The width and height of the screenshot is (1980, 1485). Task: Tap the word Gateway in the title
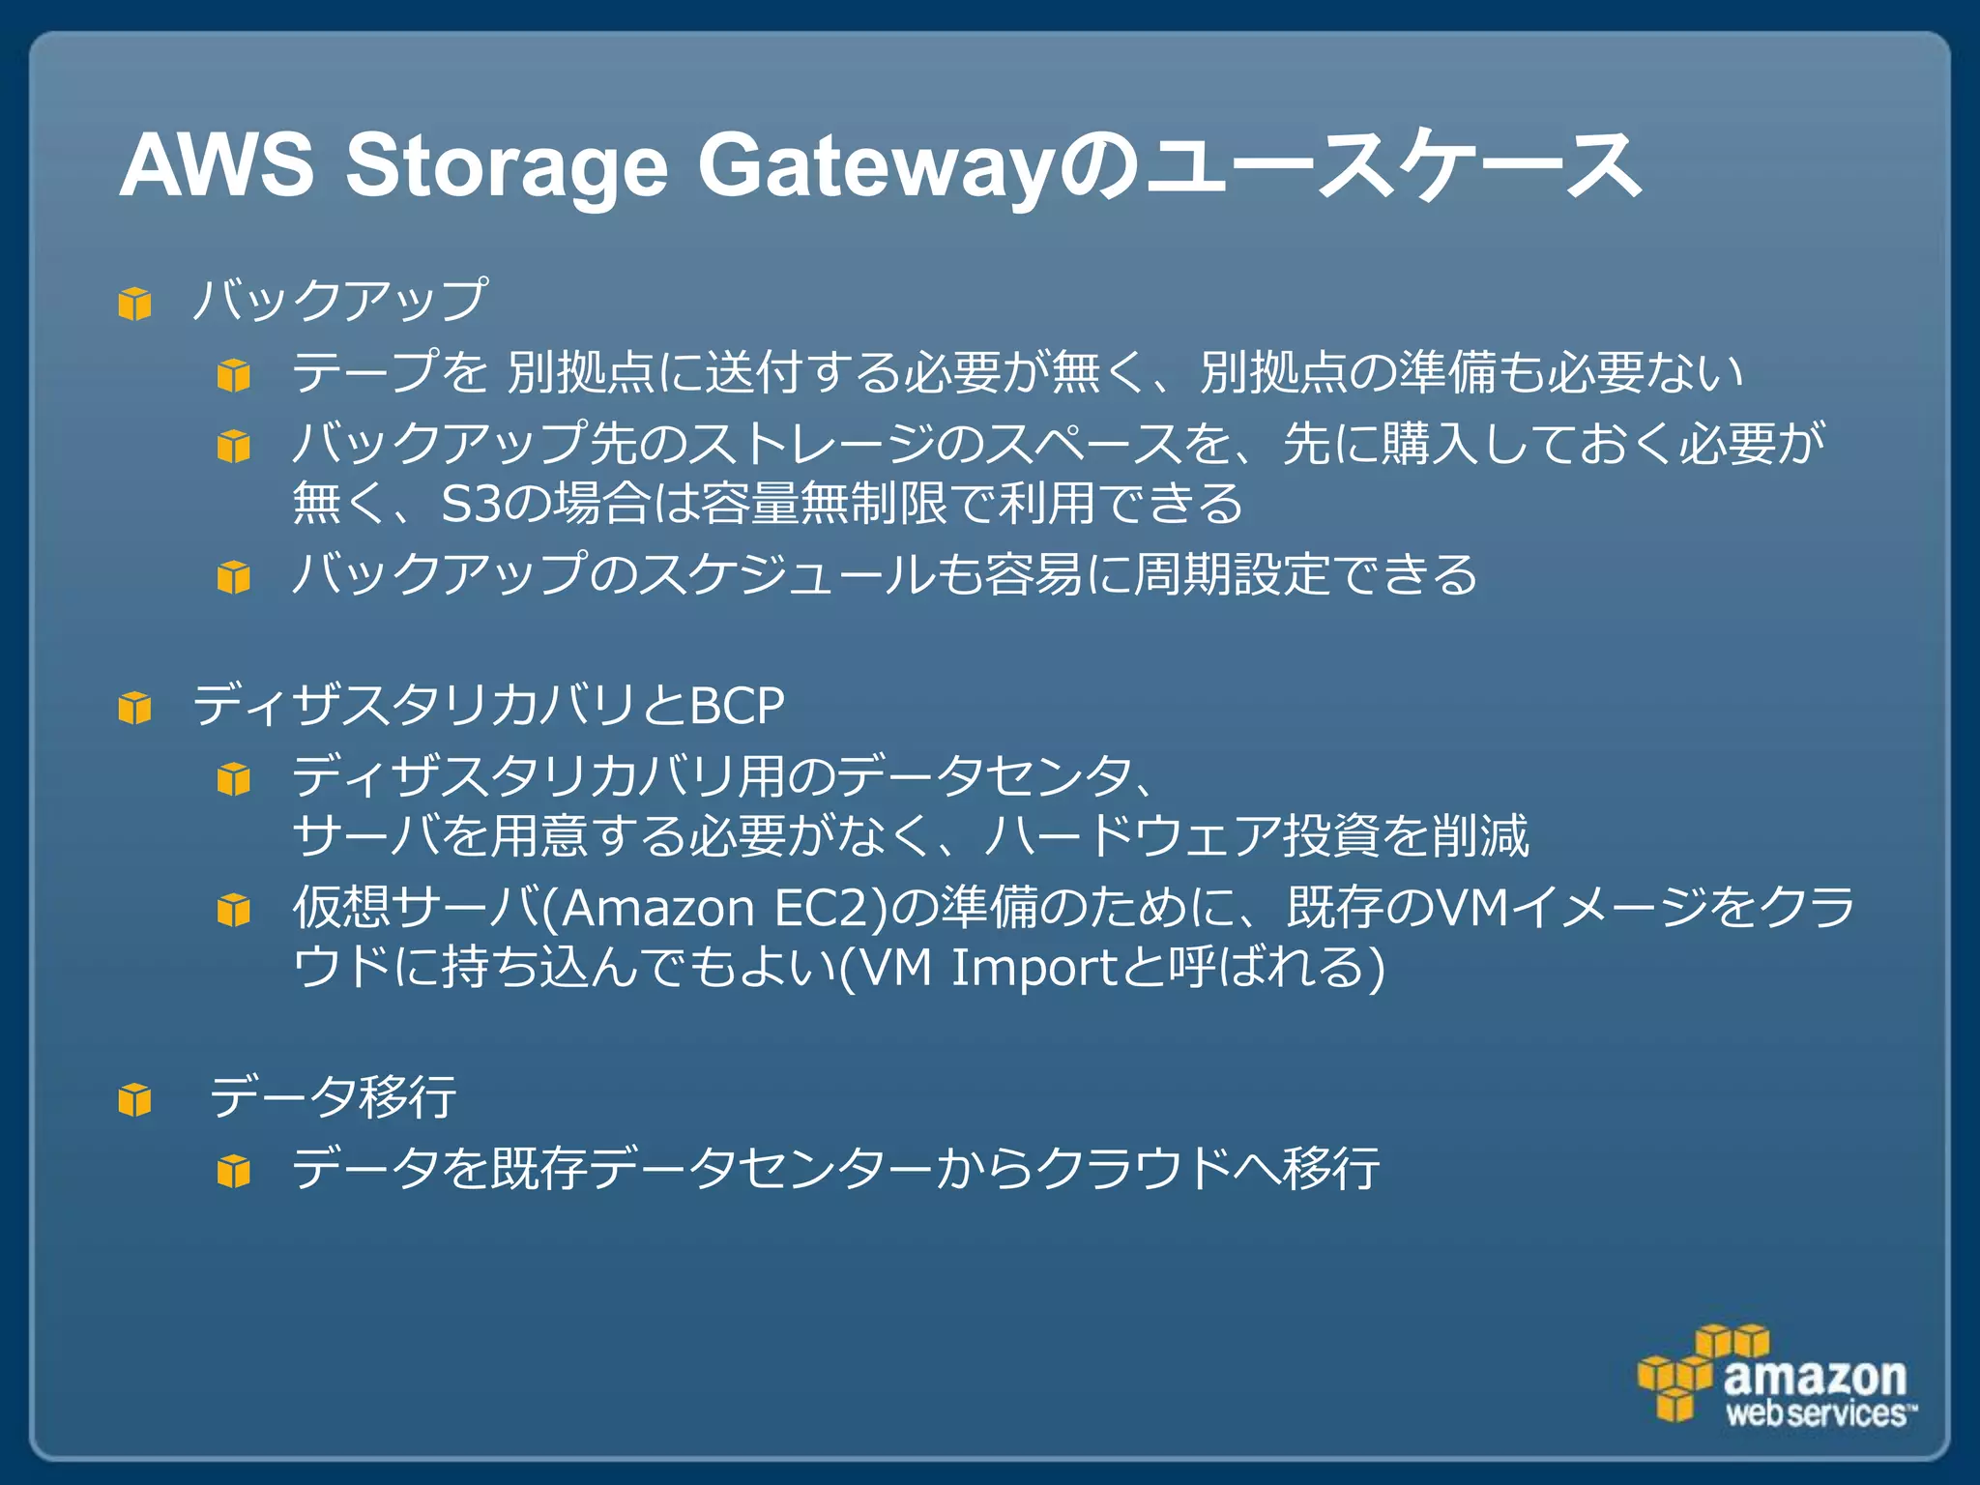pyautogui.click(x=875, y=166)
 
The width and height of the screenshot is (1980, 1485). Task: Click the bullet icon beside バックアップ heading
pyautogui.click(x=135, y=304)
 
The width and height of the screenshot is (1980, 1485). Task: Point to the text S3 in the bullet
pyautogui.click(x=468, y=504)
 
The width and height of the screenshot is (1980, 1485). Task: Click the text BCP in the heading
pyautogui.click(x=737, y=707)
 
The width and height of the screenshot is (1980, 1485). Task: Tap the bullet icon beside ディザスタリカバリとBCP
pyautogui.click(x=135, y=709)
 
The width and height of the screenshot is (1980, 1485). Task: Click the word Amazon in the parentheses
pyautogui.click(x=657, y=909)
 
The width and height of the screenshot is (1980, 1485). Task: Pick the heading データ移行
pyautogui.click(x=333, y=1097)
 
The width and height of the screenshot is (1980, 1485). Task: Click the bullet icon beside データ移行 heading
pyautogui.click(x=135, y=1099)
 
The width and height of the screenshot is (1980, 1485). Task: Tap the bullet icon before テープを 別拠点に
pyautogui.click(x=234, y=374)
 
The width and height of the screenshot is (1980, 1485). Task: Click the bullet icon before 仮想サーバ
pyautogui.click(x=234, y=910)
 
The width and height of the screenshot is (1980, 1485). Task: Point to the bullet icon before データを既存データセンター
pyautogui.click(x=234, y=1171)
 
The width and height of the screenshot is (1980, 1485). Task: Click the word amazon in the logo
pyautogui.click(x=1815, y=1376)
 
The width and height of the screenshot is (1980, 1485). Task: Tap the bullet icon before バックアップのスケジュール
pyautogui.click(x=234, y=577)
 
